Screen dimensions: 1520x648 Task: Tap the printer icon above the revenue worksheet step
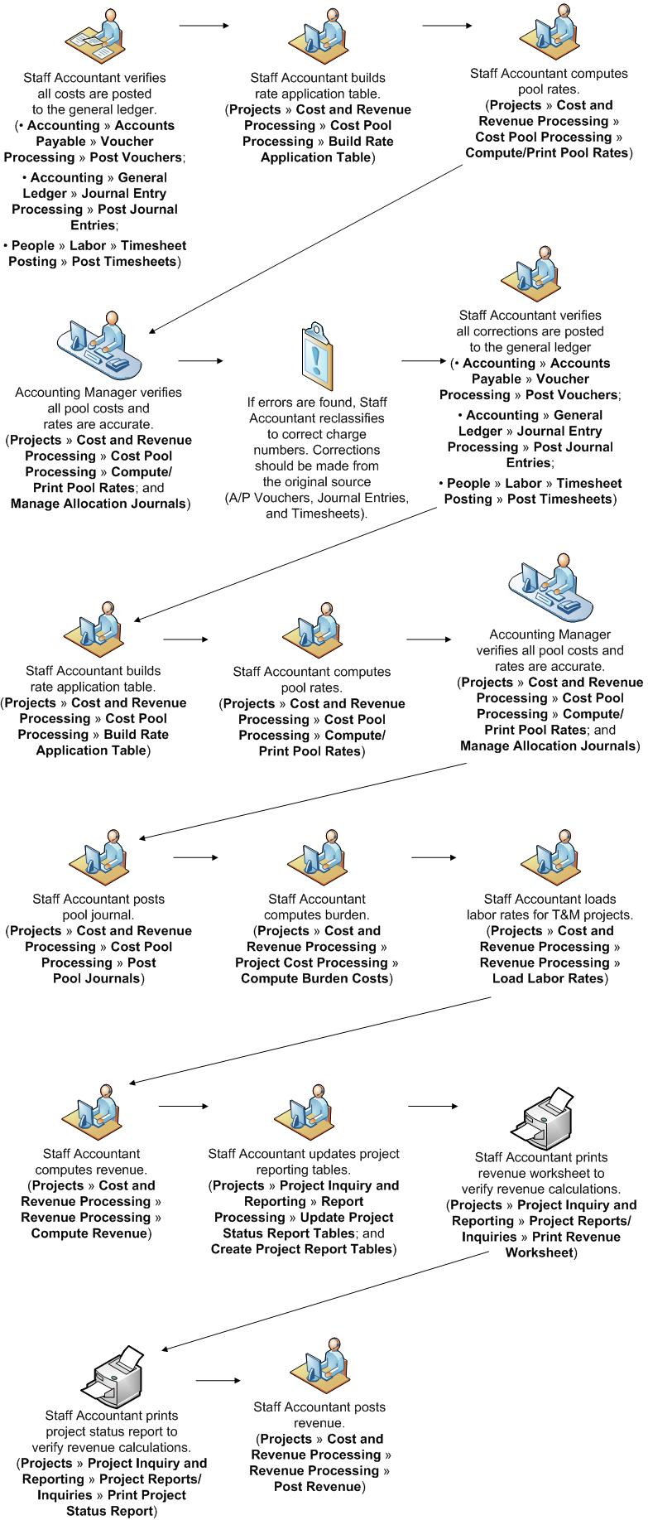pos(543,1119)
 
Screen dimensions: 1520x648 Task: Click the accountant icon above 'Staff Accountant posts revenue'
pos(318,1363)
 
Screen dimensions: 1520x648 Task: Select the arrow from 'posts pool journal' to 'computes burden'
pos(195,857)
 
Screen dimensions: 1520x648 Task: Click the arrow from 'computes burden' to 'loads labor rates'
pos(434,857)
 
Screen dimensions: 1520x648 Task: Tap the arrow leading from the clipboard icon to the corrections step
pos(423,361)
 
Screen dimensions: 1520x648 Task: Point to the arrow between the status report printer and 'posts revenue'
pos(218,1380)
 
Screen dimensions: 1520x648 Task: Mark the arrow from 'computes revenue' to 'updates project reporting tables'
pos(183,1106)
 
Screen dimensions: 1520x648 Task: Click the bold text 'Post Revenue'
pos(318,1486)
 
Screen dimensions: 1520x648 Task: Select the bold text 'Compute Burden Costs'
pos(314,978)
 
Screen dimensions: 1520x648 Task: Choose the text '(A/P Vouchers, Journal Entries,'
pos(317,498)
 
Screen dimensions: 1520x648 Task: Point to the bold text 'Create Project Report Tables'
pos(301,1249)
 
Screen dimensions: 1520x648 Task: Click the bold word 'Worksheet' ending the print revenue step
pos(539,1252)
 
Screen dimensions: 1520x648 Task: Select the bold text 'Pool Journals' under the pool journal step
pos(97,978)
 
